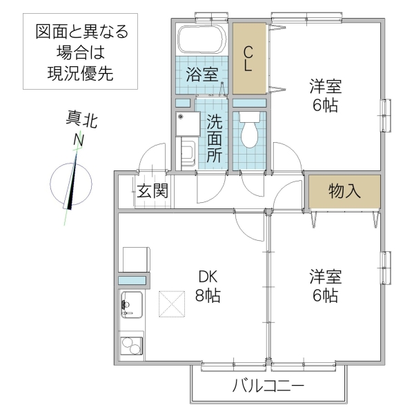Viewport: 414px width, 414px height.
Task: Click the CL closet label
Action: [248, 59]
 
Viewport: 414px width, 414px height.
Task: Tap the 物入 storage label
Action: [344, 191]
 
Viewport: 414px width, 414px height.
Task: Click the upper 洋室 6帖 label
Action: [324, 97]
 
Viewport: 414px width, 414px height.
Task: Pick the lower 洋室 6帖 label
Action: [324, 287]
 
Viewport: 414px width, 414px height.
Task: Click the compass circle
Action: [71, 183]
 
